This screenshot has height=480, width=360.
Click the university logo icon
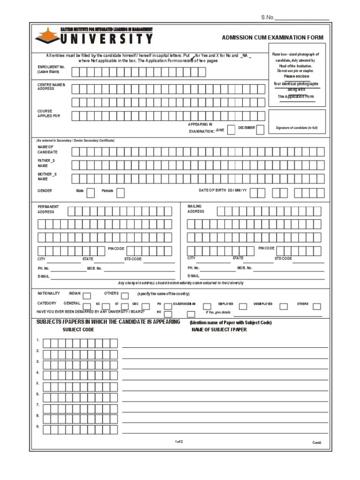click(47, 36)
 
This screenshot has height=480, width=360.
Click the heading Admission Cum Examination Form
click(272, 37)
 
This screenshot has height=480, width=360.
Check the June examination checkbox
click(231, 130)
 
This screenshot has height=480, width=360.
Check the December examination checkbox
click(260, 130)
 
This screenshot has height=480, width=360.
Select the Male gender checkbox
click(90, 192)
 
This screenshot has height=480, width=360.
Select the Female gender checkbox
click(120, 192)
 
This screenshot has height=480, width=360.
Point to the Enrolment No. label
click(51, 69)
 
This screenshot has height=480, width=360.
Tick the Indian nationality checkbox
click(87, 295)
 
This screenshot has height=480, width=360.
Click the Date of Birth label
click(223, 191)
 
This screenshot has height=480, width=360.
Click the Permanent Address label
click(48, 209)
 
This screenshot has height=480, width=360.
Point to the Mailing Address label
click(196, 209)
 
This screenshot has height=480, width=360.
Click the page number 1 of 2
click(179, 442)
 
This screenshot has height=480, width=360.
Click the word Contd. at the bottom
click(317, 442)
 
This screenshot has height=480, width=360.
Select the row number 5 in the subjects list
click(38, 383)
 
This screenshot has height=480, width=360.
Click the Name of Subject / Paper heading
click(219, 330)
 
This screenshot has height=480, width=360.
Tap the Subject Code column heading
click(78, 330)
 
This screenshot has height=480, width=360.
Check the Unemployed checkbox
click(284, 307)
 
